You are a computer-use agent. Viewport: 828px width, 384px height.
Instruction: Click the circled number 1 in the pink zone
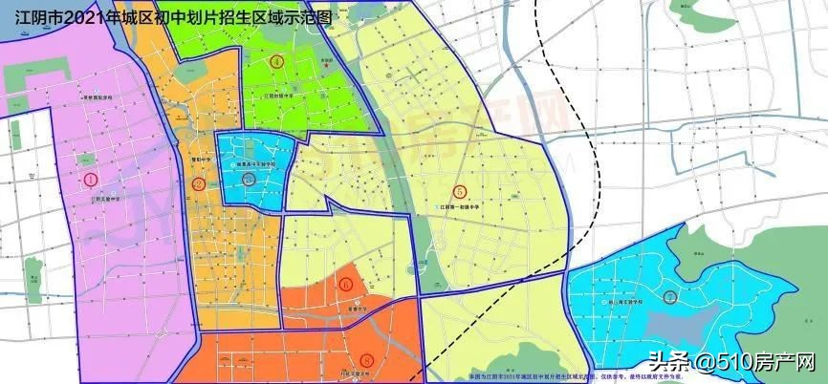[91, 179]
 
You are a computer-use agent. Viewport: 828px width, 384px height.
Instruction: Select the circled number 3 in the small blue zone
[249, 178]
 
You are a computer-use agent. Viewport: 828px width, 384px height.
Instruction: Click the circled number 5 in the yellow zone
[460, 191]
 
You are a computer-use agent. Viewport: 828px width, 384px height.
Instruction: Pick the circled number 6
[345, 283]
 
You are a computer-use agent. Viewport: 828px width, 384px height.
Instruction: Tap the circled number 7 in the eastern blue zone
[671, 296]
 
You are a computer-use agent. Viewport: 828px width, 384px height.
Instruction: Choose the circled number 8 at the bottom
[369, 360]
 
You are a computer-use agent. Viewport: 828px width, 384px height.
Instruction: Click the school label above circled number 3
[251, 165]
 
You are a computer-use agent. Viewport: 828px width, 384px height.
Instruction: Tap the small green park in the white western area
[33, 288]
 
